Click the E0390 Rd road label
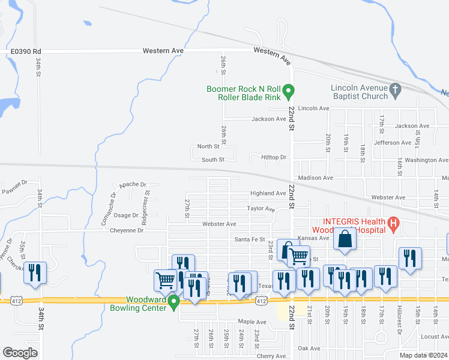[25, 52]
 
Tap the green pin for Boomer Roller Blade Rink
[288, 92]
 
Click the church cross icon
[395, 91]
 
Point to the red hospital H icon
[394, 225]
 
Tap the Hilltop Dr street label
[275, 157]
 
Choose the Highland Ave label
[268, 193]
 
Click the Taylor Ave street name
[261, 209]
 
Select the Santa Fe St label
[250, 239]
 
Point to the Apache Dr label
[133, 185]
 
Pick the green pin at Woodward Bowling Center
[174, 302]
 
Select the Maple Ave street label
[252, 322]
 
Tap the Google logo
[20, 353]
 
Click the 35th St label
[23, 247]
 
